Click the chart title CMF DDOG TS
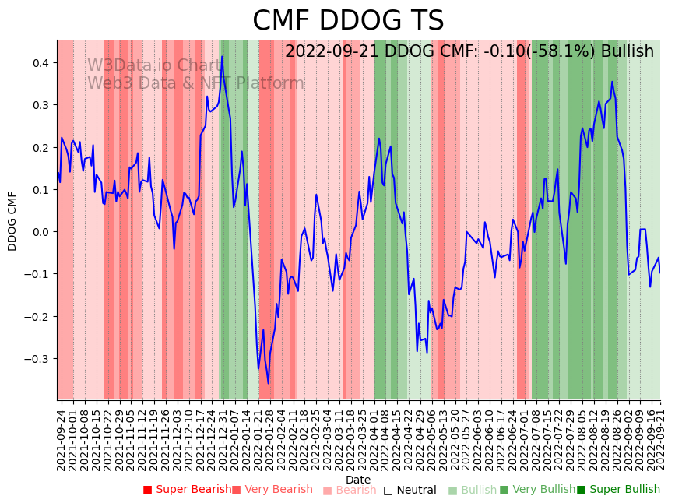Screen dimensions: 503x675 pyautogui.click(x=348, y=21)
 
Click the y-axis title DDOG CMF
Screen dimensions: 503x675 pyautogui.click(x=12, y=221)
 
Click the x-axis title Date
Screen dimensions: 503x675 pyautogui.click(x=358, y=480)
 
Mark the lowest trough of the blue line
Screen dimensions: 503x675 pyautogui.click(x=269, y=383)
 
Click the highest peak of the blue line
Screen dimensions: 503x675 pyautogui.click(x=222, y=57)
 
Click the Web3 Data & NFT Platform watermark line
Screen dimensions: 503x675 pyautogui.click(x=195, y=83)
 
